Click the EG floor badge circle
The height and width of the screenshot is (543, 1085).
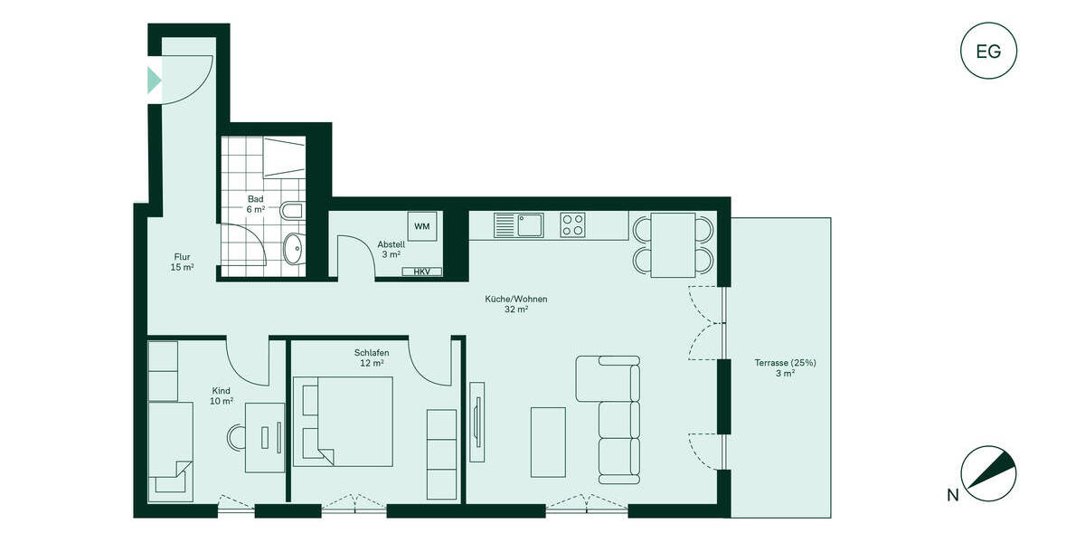988,51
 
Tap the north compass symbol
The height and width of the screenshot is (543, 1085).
991,472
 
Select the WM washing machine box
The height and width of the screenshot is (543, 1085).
421,226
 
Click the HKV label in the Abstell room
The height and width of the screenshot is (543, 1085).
421,271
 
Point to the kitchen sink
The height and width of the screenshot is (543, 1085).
518,224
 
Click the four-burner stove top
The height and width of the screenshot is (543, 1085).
572,224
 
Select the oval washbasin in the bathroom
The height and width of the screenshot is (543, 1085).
293,248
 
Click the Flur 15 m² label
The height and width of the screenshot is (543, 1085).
182,262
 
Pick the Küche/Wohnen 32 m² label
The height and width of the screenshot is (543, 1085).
516,304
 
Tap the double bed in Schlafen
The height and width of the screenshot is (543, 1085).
344,421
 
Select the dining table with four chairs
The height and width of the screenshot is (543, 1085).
673,244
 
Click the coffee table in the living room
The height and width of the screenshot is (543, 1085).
548,442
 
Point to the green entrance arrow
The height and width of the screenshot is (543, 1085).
154,79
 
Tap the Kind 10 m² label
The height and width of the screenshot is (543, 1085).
222,395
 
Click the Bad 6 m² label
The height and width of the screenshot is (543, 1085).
256,204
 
